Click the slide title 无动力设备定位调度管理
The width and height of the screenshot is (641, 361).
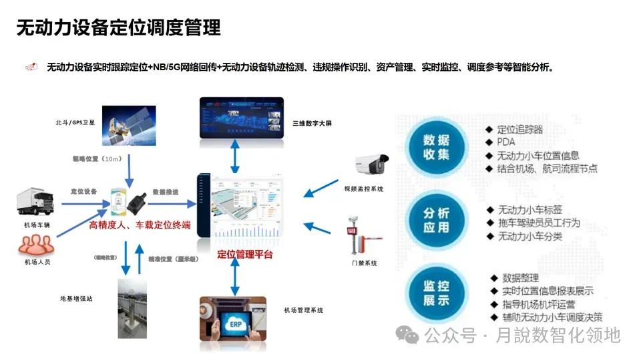pyautogui.click(x=118, y=27)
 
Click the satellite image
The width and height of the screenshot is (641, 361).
pyautogui.click(x=129, y=126)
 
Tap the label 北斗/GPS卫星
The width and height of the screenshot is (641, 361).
pyautogui.click(x=75, y=123)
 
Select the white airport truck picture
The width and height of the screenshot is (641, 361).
pyautogui.click(x=36, y=203)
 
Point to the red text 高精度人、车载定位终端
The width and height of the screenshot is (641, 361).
pyautogui.click(x=140, y=225)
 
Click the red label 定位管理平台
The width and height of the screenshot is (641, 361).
pyautogui.click(x=245, y=255)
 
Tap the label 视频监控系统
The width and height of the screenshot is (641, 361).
pyautogui.click(x=364, y=189)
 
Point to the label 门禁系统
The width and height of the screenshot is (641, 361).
pyautogui.click(x=365, y=263)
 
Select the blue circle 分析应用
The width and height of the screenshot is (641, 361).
pyautogui.click(x=437, y=221)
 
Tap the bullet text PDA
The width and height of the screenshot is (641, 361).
pyautogui.click(x=506, y=142)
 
